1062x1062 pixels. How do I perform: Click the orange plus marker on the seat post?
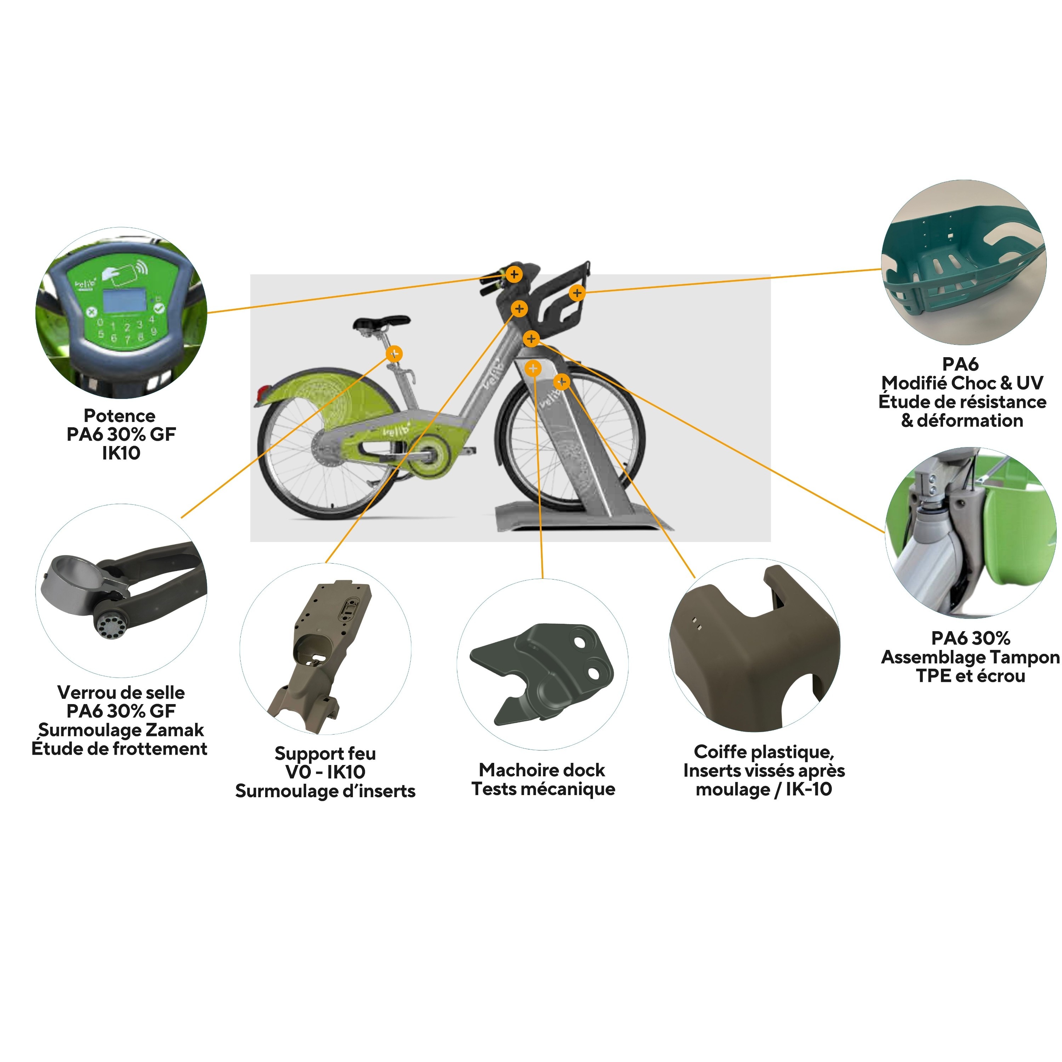point(394,353)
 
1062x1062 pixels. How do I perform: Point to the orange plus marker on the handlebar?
point(514,274)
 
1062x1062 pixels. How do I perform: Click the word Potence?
point(119,416)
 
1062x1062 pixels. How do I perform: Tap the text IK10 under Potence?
point(121,453)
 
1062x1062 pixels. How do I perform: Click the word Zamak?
point(175,730)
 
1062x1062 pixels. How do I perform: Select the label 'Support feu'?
point(325,753)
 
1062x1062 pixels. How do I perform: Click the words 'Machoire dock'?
point(542,770)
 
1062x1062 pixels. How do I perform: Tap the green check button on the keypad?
point(159,308)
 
